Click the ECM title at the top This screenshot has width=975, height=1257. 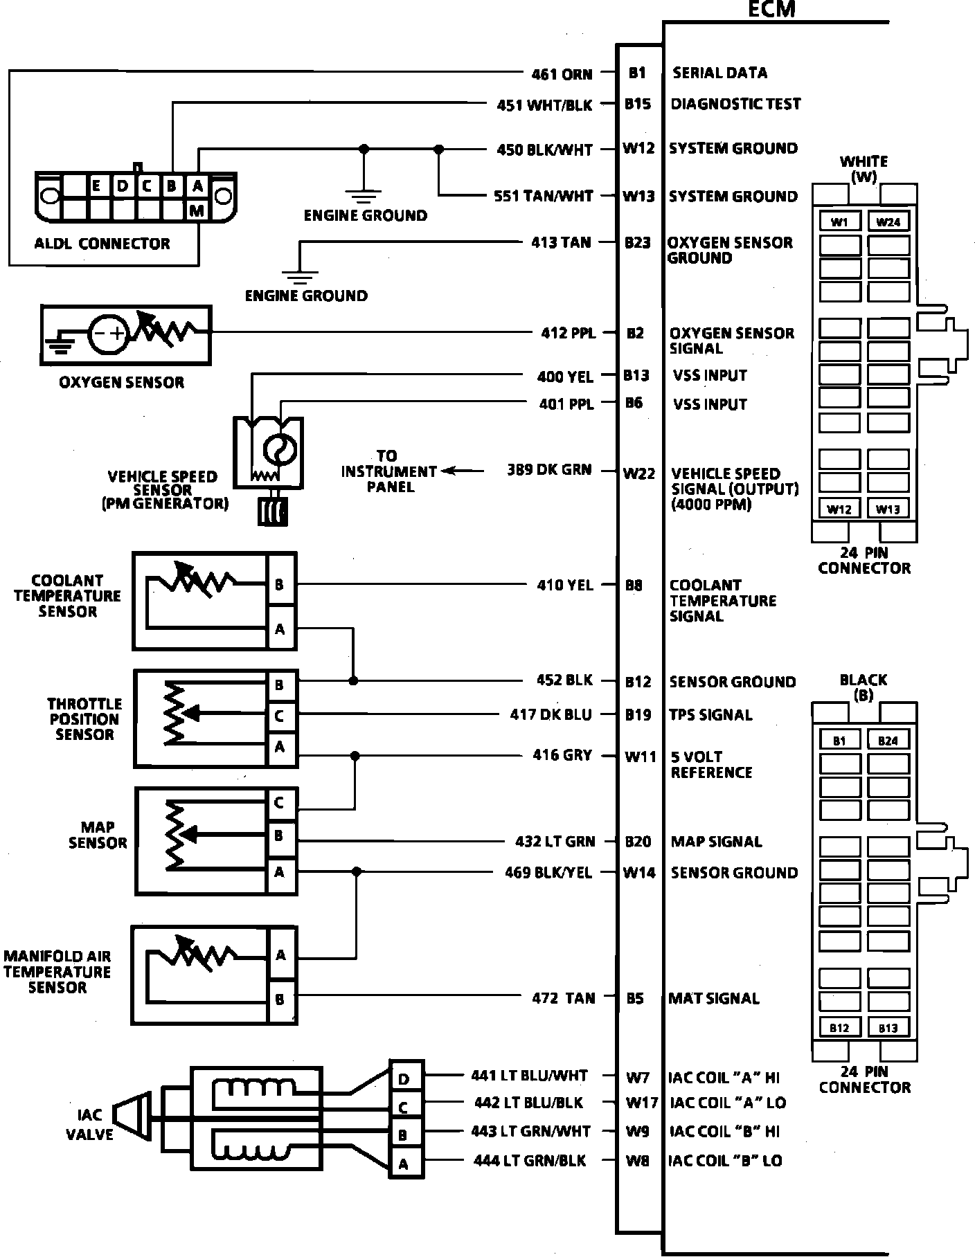coord(771,9)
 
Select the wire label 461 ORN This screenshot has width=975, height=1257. coord(562,73)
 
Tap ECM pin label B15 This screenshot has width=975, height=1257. coord(637,104)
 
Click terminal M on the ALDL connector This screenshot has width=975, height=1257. coord(197,210)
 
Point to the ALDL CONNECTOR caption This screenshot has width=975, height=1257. coord(102,244)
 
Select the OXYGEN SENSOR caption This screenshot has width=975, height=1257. coord(122,382)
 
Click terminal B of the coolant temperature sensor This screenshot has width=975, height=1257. coord(279,585)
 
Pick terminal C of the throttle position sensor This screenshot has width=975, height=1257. coord(279,716)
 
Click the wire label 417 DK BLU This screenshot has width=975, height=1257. coord(551,714)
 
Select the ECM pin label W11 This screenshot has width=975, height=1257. coord(640,757)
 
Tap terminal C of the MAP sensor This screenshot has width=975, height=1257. coord(279,803)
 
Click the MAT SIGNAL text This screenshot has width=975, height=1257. coord(714,998)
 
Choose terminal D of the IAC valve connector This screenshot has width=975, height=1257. coord(404,1078)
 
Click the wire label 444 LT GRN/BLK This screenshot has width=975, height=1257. coord(530,1161)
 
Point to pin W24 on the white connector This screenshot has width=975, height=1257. coord(888,222)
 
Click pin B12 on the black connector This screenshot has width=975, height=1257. coord(839,1028)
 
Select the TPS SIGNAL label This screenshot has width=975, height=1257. coord(710,715)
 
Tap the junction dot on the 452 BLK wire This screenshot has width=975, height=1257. coord(354,681)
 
